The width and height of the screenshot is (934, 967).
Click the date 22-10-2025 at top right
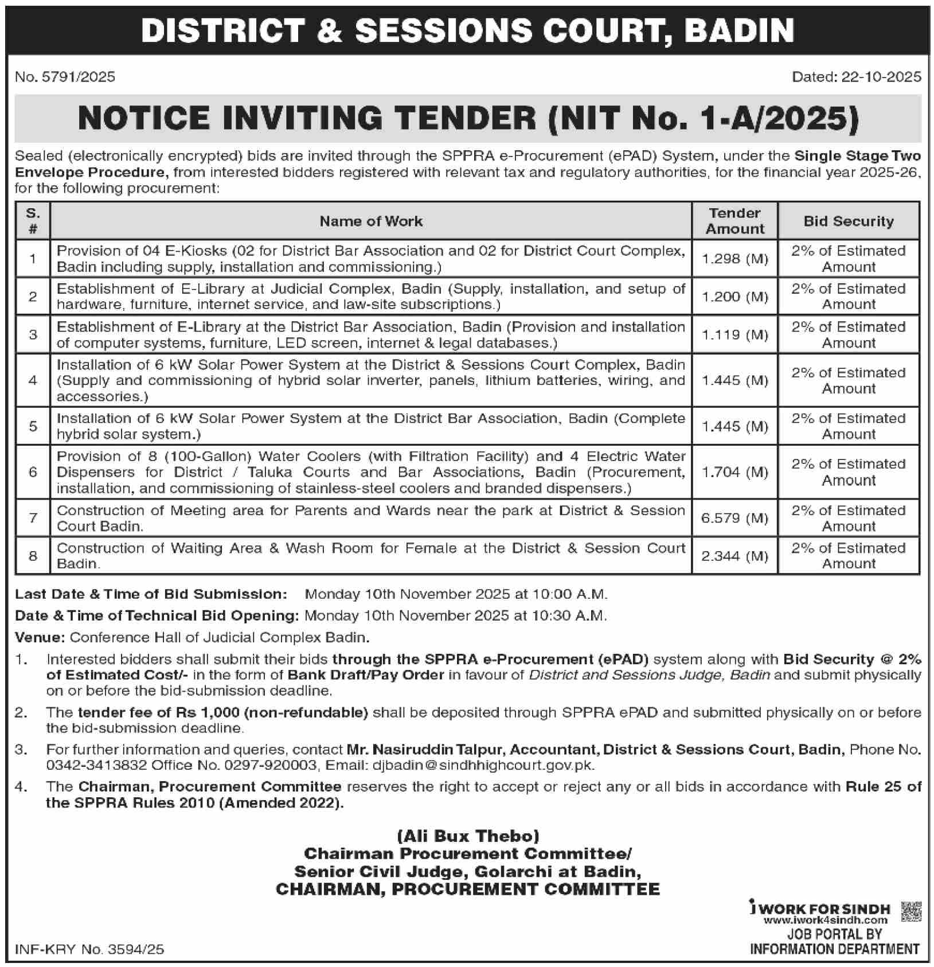click(x=881, y=77)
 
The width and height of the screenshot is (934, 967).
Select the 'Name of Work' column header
click(x=371, y=221)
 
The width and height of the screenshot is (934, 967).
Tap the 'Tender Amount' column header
click(x=734, y=221)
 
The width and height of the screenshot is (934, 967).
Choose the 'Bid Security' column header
click(x=849, y=221)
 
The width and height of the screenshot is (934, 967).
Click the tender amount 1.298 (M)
click(x=734, y=259)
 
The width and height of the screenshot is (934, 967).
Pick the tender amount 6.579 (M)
click(x=734, y=518)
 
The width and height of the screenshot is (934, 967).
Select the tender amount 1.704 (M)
click(x=734, y=472)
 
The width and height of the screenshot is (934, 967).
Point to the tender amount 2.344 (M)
click(x=734, y=556)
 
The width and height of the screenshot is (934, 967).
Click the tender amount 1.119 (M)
click(x=734, y=335)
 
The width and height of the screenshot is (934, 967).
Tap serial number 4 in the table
click(x=33, y=380)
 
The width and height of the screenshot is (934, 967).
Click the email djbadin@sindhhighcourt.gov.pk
click(x=483, y=765)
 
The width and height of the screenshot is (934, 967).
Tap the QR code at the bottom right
click(x=910, y=911)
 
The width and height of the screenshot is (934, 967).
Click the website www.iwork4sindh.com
click(x=825, y=920)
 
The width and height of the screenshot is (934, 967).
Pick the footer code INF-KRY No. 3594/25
click(x=89, y=949)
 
